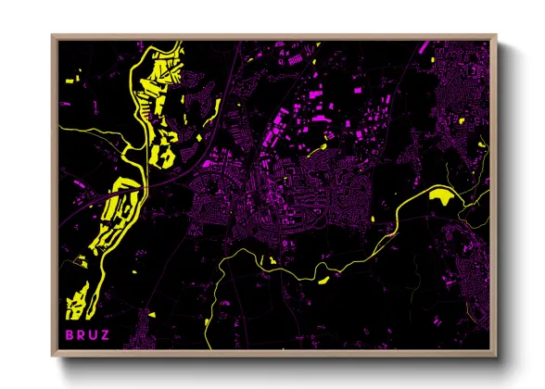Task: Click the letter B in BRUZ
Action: tap(68, 333)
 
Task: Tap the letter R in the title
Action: tap(81, 333)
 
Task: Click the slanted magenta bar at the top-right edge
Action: tap(424, 46)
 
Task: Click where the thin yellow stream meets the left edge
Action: tap(61, 124)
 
